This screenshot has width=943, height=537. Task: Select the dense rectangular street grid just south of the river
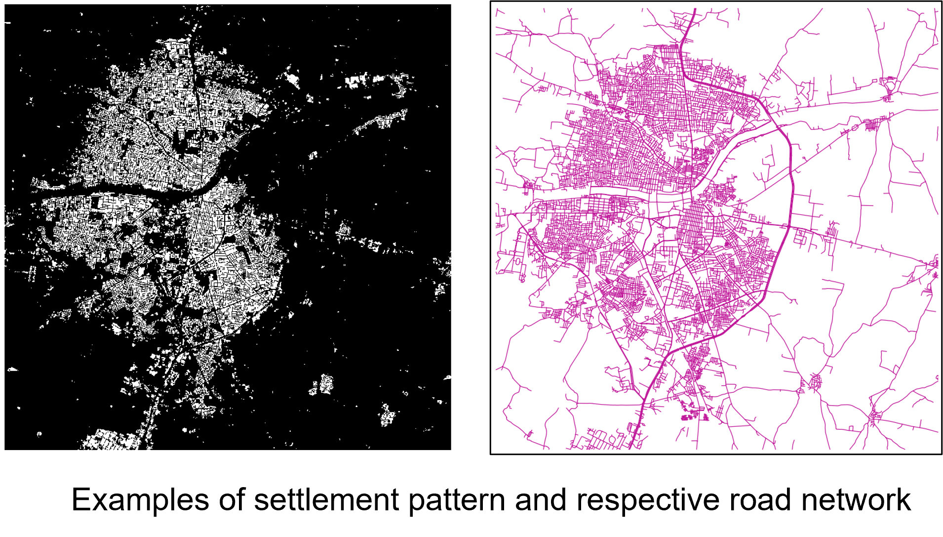click(x=694, y=227)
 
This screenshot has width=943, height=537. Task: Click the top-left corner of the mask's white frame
click(x=4, y=4)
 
